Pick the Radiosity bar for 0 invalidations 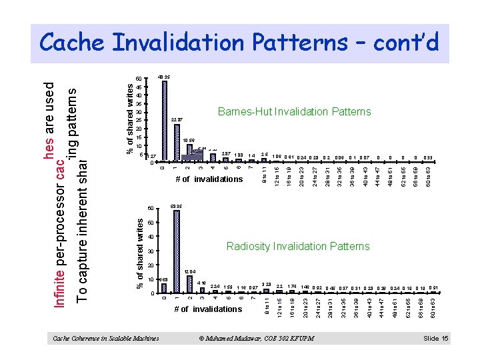coord(164,286)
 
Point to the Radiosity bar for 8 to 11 coord(266,291)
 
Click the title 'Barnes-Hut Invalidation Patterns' coord(294,112)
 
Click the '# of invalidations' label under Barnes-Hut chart coord(209,179)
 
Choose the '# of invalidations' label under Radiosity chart coord(207,309)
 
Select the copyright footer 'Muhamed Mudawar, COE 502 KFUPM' coord(257,339)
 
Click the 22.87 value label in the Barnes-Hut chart coord(177,119)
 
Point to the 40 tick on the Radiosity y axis coord(150,237)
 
